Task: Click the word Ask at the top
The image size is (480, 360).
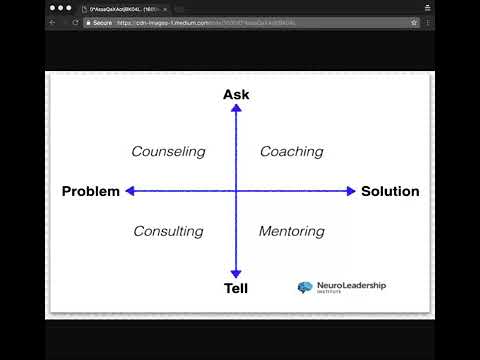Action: (x=236, y=94)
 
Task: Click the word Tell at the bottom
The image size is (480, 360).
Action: (x=236, y=289)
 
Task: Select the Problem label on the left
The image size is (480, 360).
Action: (x=90, y=191)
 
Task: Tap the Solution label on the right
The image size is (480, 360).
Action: (x=390, y=191)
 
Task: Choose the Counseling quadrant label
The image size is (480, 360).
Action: (x=168, y=152)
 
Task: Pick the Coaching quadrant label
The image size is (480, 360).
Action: (x=291, y=152)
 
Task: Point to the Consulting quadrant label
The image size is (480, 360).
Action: (x=168, y=231)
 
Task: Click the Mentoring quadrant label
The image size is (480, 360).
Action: (x=291, y=231)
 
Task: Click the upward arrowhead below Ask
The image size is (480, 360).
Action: (x=236, y=108)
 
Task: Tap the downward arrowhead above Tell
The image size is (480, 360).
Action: (x=236, y=274)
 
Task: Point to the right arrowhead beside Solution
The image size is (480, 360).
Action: (x=351, y=191)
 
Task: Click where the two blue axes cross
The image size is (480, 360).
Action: (x=236, y=191)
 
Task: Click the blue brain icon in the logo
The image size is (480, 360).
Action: (x=305, y=288)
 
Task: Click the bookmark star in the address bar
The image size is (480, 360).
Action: (x=414, y=21)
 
